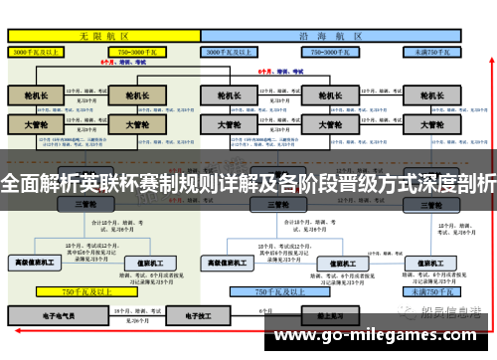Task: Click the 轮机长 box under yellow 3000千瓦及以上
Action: pyautogui.click(x=36, y=97)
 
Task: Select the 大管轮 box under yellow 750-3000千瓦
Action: pyautogui.click(x=138, y=125)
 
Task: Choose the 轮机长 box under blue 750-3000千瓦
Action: pyautogui.click(x=316, y=97)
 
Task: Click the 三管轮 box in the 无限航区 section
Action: pyautogui.click(x=85, y=203)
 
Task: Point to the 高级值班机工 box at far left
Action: pyautogui.click(x=36, y=264)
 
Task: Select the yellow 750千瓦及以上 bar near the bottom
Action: pyautogui.click(x=85, y=292)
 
